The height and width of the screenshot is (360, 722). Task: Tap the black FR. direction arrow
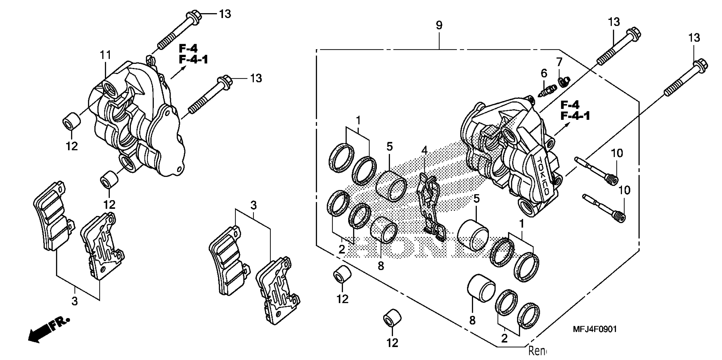click(48, 331)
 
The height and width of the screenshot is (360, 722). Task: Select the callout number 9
click(439, 25)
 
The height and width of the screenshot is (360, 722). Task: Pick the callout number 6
click(544, 73)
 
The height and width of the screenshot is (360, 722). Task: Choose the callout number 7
click(559, 61)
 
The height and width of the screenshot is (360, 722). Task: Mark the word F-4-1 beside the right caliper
click(575, 116)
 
